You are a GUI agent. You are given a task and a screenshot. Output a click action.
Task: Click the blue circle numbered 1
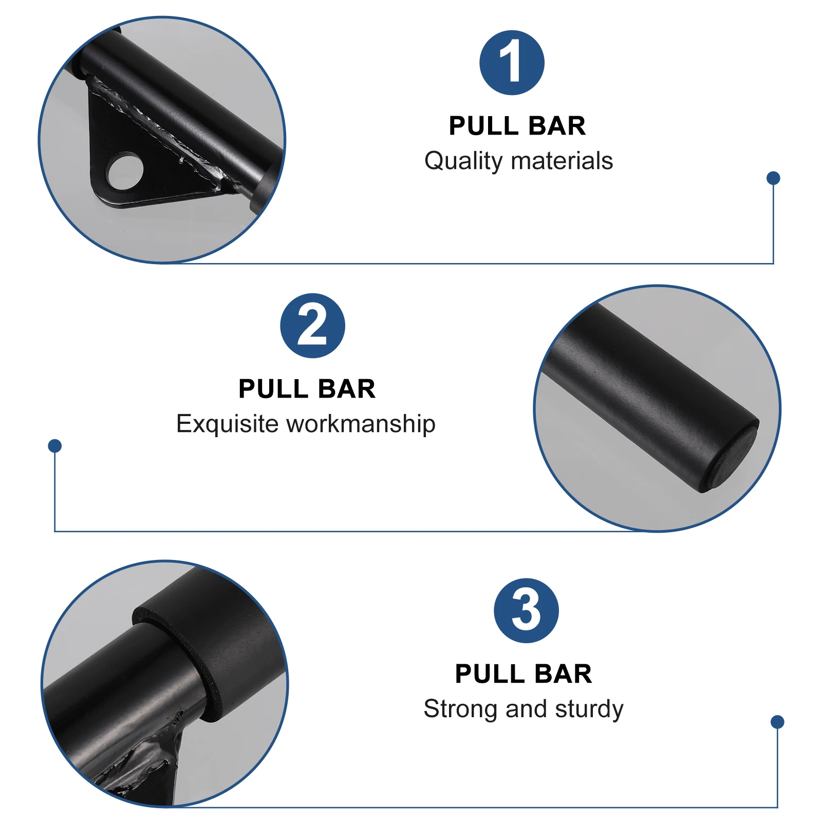(x=512, y=63)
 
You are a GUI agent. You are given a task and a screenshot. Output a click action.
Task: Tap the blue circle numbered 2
(x=312, y=326)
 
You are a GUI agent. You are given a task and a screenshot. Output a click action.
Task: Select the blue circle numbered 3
(x=526, y=610)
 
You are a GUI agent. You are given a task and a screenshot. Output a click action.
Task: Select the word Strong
(x=460, y=709)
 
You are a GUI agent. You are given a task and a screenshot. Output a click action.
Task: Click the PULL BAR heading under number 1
(x=517, y=126)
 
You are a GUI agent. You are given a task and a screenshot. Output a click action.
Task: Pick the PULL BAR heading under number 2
(x=307, y=389)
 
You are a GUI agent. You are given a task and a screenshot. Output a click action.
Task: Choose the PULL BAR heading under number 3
(x=523, y=674)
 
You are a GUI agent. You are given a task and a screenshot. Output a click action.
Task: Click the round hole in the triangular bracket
(x=125, y=171)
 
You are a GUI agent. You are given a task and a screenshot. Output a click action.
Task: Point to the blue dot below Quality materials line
(x=773, y=178)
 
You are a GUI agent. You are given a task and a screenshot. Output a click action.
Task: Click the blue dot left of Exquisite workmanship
(x=55, y=445)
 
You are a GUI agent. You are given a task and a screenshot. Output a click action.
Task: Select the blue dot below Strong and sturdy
(x=777, y=722)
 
